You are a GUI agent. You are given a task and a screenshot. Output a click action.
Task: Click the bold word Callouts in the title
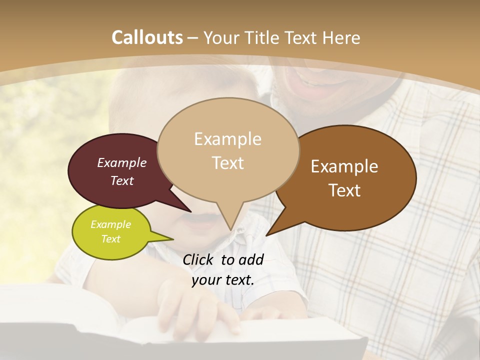coord(147,37)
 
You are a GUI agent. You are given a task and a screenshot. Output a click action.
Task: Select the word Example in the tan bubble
coord(227,139)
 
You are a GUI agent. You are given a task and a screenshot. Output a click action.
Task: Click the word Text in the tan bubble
coord(227,163)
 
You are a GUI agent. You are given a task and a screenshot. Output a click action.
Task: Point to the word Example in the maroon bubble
coord(122,162)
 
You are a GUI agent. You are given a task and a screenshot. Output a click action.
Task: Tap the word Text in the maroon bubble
coord(122,180)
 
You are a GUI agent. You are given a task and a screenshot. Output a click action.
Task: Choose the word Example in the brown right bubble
coord(344,166)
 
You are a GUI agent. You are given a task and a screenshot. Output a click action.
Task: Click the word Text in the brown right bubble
coord(344,190)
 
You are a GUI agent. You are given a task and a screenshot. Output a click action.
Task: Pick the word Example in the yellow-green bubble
coord(110,224)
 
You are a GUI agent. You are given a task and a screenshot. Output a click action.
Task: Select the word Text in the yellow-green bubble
coord(110,239)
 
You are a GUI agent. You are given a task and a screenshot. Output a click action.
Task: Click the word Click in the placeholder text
coord(198,259)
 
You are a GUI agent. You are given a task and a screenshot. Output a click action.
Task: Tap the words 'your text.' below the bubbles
coord(223,280)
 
